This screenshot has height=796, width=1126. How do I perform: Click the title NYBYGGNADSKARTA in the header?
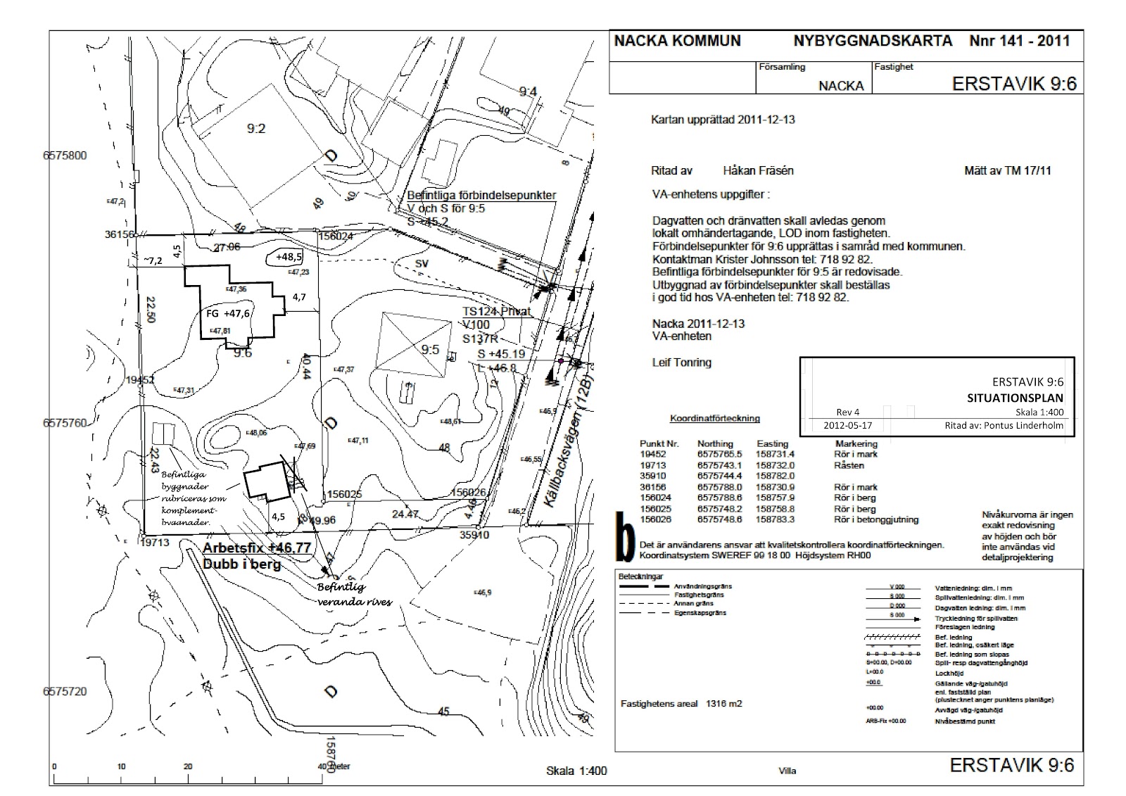pos(873,41)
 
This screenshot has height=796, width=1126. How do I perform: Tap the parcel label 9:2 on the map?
pos(255,128)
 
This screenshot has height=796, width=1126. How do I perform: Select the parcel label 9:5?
pos(430,350)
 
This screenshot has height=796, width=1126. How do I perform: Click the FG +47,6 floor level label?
pos(228,314)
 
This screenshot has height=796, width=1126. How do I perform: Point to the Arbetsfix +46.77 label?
pos(257,548)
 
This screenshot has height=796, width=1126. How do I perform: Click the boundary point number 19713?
pos(156,543)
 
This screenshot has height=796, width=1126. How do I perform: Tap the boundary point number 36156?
pos(119,234)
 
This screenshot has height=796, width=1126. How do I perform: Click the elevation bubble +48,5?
pos(289,257)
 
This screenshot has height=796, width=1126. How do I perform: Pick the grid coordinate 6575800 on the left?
pos(65,156)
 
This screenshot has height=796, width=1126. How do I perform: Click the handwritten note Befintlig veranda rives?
pos(353,595)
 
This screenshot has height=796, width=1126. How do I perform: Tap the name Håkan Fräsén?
pos(758,170)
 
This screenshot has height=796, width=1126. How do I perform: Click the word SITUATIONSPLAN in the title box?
pos(1015,398)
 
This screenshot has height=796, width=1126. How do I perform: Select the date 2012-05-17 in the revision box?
pos(847,426)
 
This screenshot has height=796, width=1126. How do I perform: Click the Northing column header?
pos(715,443)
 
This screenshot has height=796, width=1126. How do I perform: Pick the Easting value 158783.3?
pos(775,519)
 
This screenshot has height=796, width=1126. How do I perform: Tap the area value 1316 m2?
pos(724,703)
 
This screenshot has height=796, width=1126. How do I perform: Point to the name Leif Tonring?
pos(681,362)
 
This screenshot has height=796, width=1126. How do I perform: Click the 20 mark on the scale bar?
pos(187,766)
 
